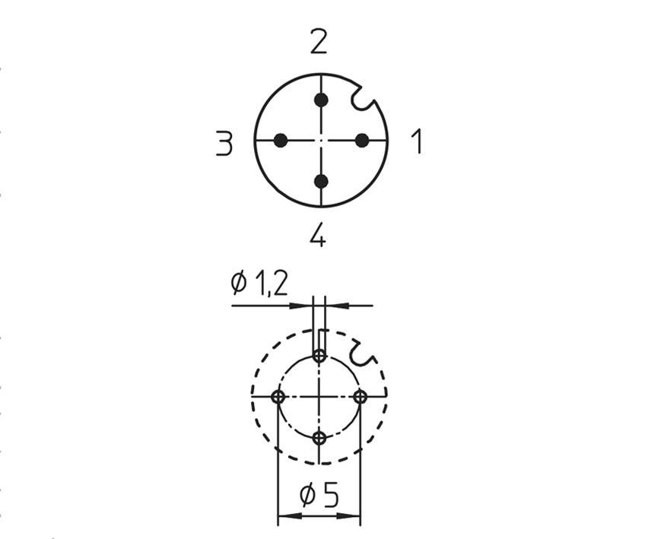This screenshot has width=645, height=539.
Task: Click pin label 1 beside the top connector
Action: tap(416, 141)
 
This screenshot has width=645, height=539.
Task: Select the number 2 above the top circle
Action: tap(319, 43)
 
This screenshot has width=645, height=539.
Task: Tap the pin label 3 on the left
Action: tap(224, 143)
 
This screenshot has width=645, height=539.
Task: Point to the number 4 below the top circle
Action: tap(318, 236)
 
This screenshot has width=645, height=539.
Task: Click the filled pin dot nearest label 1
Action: tap(362, 140)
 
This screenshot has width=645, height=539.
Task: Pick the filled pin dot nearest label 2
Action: tap(321, 100)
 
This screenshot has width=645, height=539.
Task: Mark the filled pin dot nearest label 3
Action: tap(281, 140)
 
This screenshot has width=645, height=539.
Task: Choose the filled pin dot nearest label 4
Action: tap(321, 181)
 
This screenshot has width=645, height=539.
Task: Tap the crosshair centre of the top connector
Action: tap(321, 140)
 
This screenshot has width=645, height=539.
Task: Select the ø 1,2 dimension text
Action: tap(259, 284)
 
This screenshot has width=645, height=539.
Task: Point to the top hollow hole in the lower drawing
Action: tap(319, 356)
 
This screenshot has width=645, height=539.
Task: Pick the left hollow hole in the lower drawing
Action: tap(278, 397)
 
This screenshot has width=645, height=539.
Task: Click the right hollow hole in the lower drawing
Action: tap(361, 397)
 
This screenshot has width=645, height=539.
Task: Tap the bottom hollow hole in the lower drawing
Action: tap(319, 438)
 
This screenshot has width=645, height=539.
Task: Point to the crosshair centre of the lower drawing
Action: tap(319, 397)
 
